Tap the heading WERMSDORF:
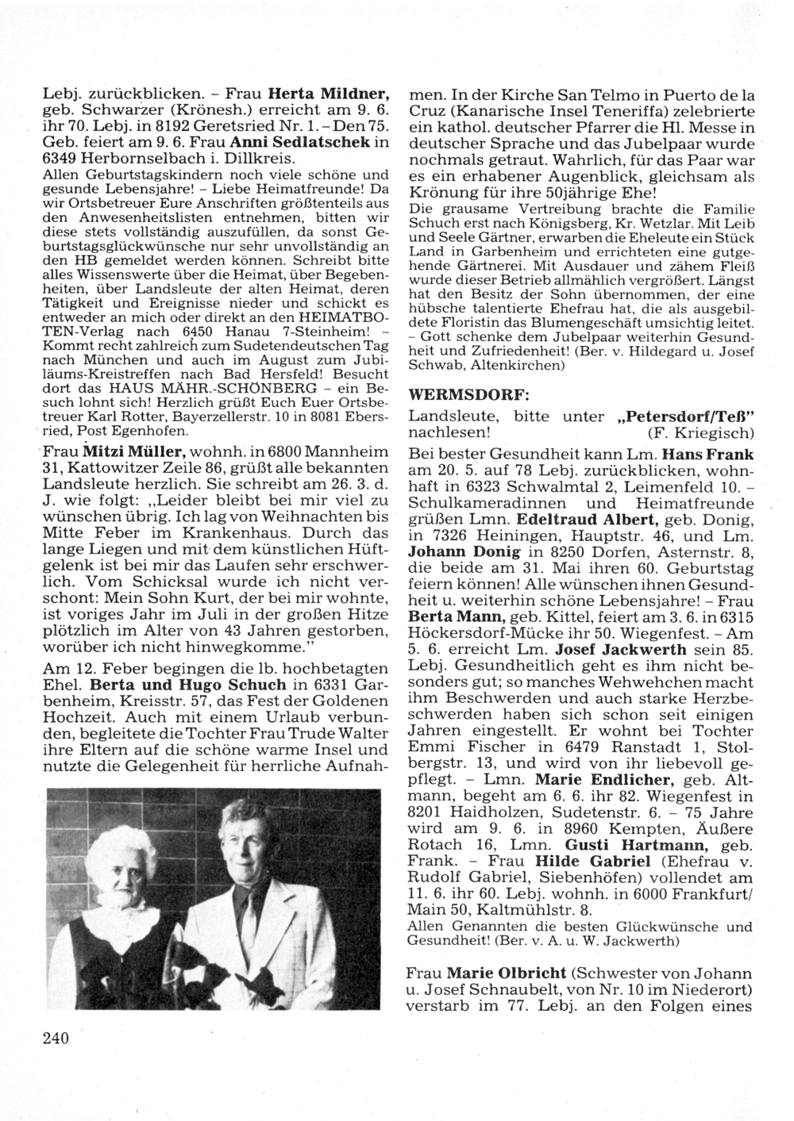(457, 394)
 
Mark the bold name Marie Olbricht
(507, 973)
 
